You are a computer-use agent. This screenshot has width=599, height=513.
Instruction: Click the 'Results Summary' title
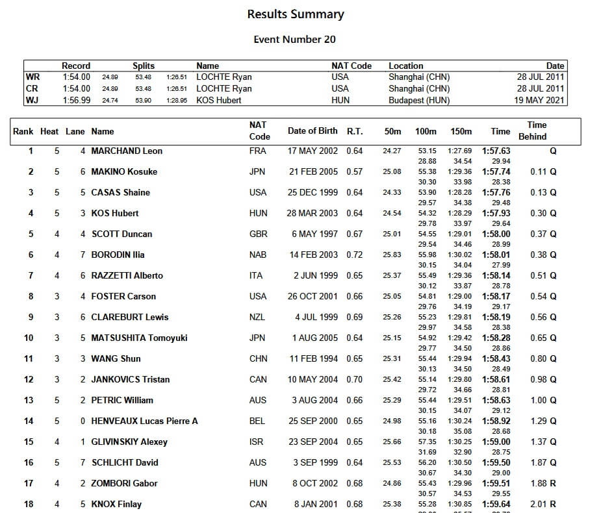296,14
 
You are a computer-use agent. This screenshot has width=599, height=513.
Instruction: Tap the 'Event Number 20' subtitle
294,40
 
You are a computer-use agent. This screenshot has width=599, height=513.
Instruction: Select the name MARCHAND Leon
127,151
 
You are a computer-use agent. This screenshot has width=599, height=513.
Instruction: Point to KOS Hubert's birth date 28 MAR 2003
312,214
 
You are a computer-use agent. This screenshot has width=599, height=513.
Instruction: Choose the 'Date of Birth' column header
312,131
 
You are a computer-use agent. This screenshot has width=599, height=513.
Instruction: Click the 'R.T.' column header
355,131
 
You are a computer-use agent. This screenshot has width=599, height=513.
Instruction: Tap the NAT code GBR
258,234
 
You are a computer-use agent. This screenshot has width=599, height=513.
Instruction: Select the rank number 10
29,338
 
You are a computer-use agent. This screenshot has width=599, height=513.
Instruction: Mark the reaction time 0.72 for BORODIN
355,255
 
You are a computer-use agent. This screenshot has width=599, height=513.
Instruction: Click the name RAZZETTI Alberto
127,276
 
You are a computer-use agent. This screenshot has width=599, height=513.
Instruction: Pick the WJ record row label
32,101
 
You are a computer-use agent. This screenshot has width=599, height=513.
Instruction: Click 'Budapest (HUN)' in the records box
419,101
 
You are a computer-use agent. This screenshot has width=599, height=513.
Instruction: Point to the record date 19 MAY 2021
539,101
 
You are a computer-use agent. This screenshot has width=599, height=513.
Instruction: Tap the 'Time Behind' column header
533,131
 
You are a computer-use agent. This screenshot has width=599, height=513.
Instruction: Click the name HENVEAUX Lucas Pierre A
144,421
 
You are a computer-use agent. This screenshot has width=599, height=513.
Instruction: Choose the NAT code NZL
257,318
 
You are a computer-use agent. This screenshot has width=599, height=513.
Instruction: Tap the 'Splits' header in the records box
144,66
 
